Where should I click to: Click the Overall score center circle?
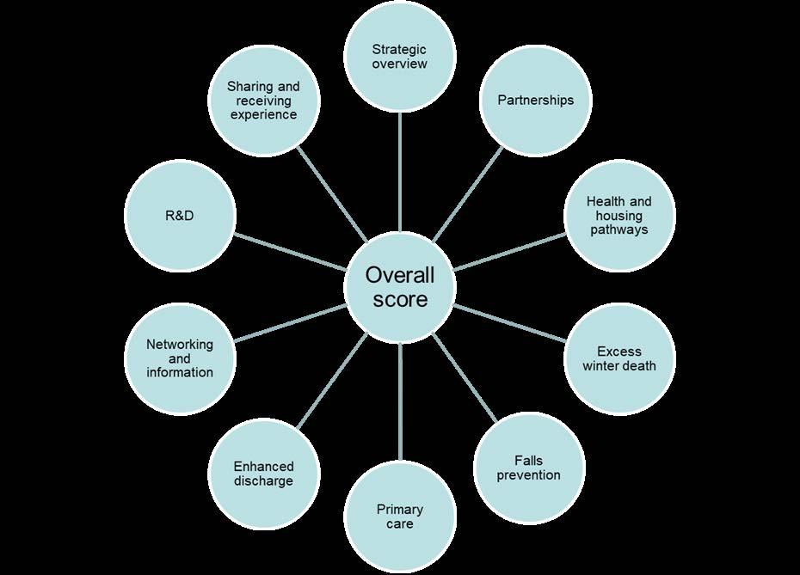[x=399, y=287]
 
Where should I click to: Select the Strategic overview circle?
[x=399, y=57]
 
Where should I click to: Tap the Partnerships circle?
[x=535, y=101]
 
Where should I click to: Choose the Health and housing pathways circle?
[x=618, y=216]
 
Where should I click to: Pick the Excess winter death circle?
[x=618, y=358]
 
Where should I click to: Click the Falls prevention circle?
[x=529, y=468]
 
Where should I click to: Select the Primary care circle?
[x=399, y=517]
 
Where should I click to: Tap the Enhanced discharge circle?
[x=263, y=474]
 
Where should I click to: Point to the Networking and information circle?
[x=179, y=358]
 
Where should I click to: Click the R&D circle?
[x=179, y=215]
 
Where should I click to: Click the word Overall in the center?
[x=399, y=275]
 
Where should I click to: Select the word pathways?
[x=619, y=230]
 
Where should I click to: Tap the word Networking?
[x=179, y=344]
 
